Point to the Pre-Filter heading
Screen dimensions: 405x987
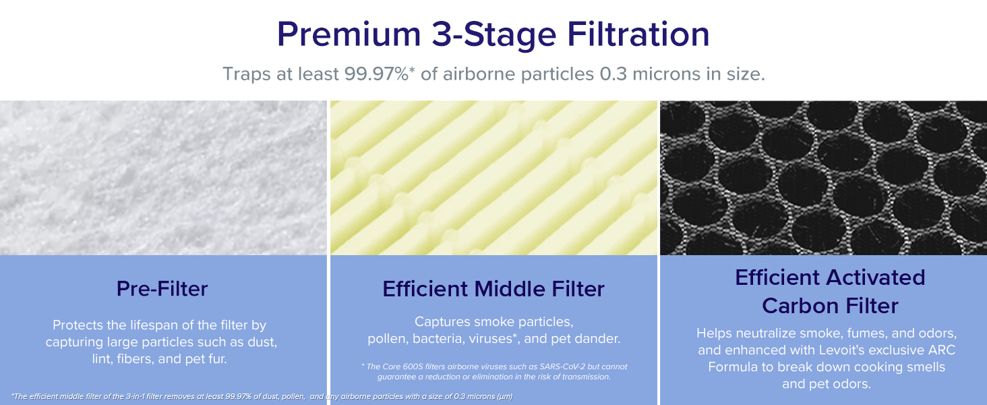(x=162, y=289)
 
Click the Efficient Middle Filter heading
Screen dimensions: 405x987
(x=493, y=289)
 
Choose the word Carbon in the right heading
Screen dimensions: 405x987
(x=795, y=306)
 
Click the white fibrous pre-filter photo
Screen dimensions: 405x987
(x=162, y=178)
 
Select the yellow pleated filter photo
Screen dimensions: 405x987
(x=493, y=178)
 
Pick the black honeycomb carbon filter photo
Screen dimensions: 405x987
(x=823, y=178)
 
